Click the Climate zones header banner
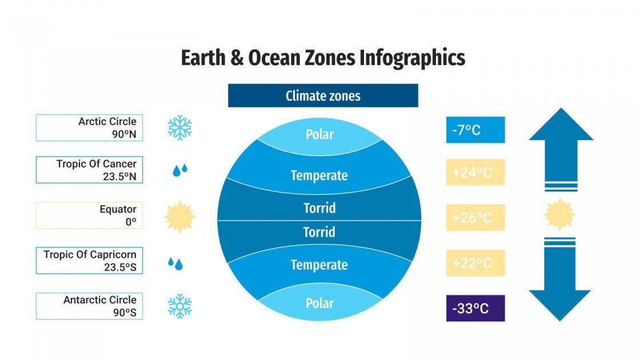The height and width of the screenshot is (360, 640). (323, 95)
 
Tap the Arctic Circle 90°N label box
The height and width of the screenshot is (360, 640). (89, 128)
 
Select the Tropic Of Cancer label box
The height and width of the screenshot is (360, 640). (89, 170)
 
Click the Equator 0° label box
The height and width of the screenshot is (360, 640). (89, 215)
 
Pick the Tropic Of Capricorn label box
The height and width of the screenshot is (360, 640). (89, 261)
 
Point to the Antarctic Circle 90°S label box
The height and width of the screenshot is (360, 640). (89, 306)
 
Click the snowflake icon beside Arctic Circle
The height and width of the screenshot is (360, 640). (179, 127)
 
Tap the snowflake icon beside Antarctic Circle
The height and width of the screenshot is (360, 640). (179, 306)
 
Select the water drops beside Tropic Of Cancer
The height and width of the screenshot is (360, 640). (180, 170)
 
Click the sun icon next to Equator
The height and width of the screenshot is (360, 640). (179, 217)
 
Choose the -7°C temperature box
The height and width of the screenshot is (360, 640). (475, 130)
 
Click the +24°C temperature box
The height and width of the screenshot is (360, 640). (475, 172)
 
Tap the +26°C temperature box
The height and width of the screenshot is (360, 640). (475, 218)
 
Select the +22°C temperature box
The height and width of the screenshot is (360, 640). (475, 263)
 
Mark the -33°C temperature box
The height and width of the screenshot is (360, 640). (475, 308)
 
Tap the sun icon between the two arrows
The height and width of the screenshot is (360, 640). (560, 215)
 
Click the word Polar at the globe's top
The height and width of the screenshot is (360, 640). (319, 135)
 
